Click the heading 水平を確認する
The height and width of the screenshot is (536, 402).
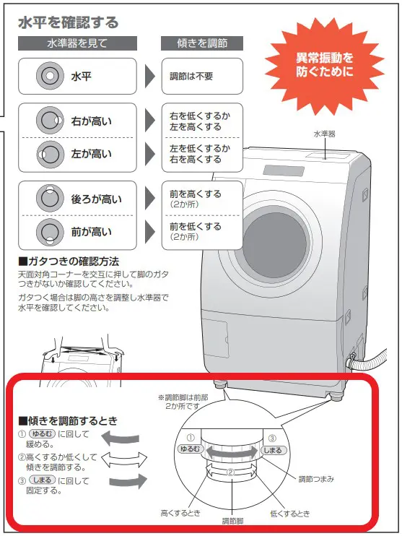coord(68,22)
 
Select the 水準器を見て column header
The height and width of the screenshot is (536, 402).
coord(77,43)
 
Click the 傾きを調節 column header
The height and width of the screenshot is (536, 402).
coord(202,43)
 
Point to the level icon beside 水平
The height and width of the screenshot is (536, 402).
coord(50,76)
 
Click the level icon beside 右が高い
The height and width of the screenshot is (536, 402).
coord(50,121)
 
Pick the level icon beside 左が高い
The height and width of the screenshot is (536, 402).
coord(50,154)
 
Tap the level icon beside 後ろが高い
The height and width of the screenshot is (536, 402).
coord(50,198)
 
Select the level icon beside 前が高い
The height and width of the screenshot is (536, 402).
coord(50,232)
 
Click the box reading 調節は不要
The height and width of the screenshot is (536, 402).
coord(202,77)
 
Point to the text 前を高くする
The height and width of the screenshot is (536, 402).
coord(196,194)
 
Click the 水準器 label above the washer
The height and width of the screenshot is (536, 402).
coord(325,134)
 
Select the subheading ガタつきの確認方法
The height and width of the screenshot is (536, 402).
coord(69,261)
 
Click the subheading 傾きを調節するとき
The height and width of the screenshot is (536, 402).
coord(68,420)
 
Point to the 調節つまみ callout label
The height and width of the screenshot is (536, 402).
coord(316,479)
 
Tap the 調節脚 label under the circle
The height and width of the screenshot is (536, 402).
coord(232,521)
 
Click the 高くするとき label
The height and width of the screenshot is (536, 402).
coord(180,513)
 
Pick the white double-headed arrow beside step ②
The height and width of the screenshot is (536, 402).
coord(124,459)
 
